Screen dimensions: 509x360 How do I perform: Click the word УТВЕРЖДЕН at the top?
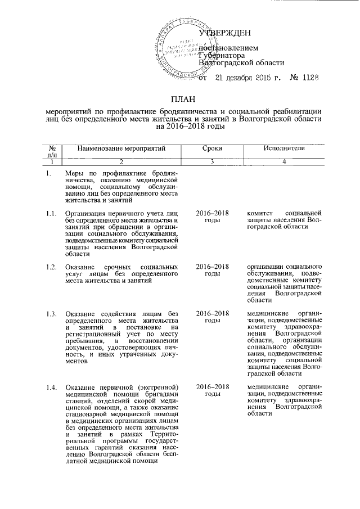tap(228, 35)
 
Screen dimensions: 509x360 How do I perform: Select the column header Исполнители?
tap(285, 147)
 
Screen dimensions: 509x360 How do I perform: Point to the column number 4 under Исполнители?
tap(285, 163)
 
